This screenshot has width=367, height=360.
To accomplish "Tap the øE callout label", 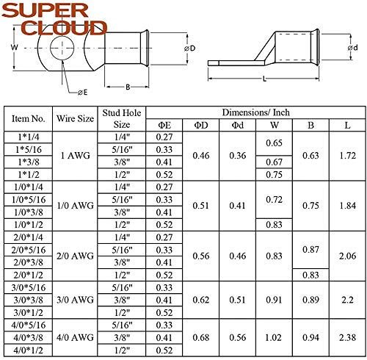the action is click(x=83, y=93).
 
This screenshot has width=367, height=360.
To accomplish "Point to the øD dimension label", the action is click(x=190, y=48).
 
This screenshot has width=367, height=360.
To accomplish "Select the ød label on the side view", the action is click(x=353, y=48).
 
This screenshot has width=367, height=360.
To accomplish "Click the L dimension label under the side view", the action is click(x=264, y=79).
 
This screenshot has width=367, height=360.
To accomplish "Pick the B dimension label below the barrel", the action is click(x=128, y=87).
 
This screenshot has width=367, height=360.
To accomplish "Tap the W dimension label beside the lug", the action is click(x=14, y=47).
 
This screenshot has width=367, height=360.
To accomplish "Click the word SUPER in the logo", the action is click(x=45, y=11).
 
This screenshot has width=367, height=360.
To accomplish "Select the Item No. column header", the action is click(x=29, y=119).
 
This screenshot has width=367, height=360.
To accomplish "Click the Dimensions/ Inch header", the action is click(x=256, y=112).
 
